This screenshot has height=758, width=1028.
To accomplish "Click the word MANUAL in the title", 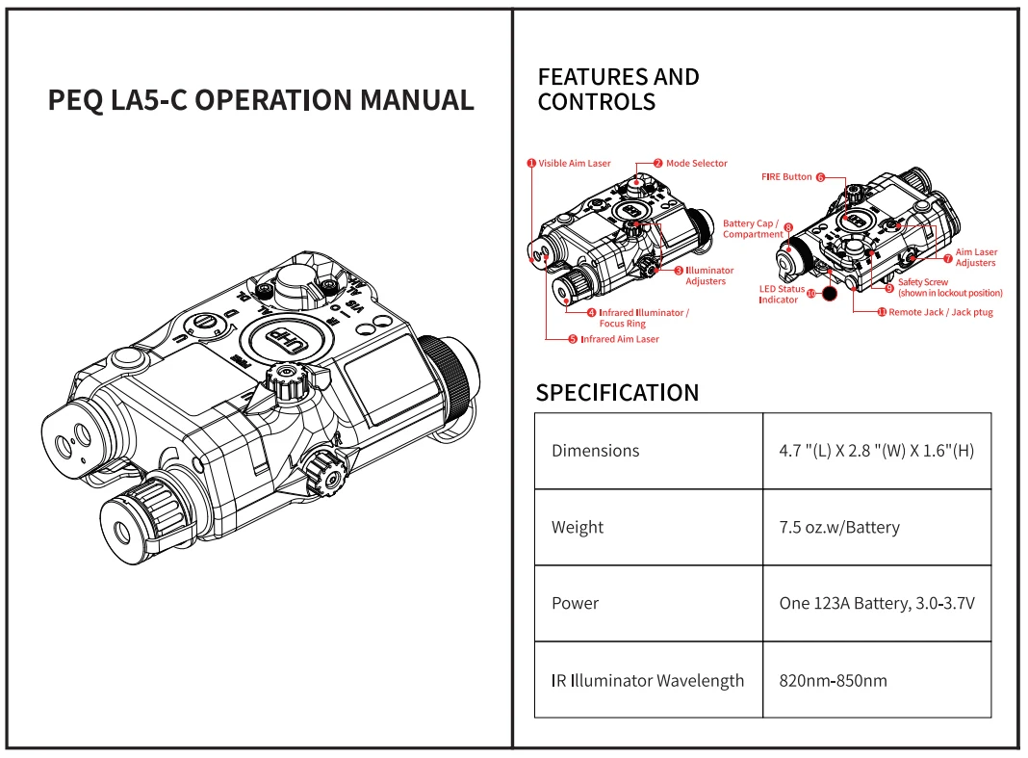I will point(415,100).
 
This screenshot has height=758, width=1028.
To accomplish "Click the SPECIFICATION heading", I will point(617,393).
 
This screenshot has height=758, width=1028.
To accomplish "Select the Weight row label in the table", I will point(578,527).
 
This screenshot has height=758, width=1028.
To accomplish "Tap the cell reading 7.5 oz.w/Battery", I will point(838,527).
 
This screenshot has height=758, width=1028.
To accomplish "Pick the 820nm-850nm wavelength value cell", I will point(833,680).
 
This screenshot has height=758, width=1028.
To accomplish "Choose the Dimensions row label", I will point(595,450).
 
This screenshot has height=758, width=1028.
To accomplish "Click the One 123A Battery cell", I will point(877,603).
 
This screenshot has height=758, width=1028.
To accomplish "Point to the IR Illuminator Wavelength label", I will point(648,680).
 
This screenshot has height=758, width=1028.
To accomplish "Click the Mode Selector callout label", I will point(696,164).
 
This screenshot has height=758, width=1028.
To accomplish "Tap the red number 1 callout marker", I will point(530,164).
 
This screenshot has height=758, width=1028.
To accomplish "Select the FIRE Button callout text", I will point(786,177).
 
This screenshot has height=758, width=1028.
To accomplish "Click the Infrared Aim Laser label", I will point(620,339).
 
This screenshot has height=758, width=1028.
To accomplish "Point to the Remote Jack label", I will point(940,312).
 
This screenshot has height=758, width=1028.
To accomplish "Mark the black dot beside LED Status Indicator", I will point(829,292).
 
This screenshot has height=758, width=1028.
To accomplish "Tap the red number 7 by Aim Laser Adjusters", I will point(948,258).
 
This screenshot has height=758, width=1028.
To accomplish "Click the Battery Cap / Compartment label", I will point(752,229).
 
